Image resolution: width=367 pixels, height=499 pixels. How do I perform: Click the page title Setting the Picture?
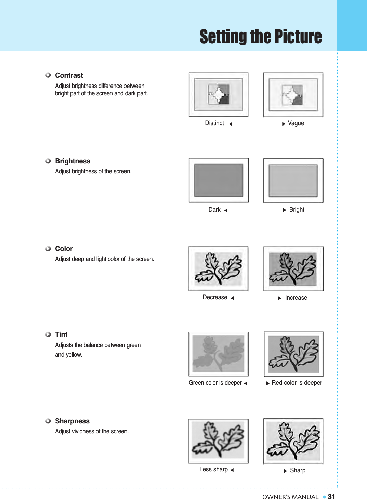pyautogui.click(x=261, y=37)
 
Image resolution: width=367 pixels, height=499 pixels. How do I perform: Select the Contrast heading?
pyautogui.click(x=69, y=75)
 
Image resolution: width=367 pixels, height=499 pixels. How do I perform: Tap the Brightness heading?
pyautogui.click(x=73, y=161)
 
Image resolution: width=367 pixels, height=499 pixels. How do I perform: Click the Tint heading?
pyautogui.click(x=61, y=334)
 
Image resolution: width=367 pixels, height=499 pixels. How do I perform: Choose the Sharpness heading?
pyautogui.click(x=72, y=421)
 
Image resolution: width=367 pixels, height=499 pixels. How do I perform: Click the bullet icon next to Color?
pyautogui.click(x=48, y=249)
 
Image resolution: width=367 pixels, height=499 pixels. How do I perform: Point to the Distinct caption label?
pyautogui.click(x=214, y=123)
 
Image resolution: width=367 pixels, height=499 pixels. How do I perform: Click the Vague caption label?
pyautogui.click(x=296, y=123)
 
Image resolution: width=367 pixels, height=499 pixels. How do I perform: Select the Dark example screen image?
pyautogui.click(x=219, y=180)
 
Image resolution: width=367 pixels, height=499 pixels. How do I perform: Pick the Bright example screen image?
pyautogui.click(x=293, y=181)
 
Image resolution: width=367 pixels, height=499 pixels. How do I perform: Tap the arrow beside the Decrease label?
pyautogui.click(x=232, y=298)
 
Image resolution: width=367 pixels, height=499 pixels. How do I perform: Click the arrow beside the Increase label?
pyautogui.click(x=279, y=298)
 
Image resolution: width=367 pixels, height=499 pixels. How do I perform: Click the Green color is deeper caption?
pyautogui.click(x=215, y=383)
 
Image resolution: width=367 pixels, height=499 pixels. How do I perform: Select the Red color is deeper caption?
pyautogui.click(x=297, y=383)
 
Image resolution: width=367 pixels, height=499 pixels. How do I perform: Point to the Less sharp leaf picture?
pyautogui.click(x=219, y=441)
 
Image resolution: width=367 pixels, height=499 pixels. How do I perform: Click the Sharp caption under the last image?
pyautogui.click(x=298, y=470)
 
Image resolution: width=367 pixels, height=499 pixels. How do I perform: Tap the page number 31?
pyautogui.click(x=331, y=497)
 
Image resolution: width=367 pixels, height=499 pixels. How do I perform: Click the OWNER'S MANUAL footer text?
pyautogui.click(x=290, y=497)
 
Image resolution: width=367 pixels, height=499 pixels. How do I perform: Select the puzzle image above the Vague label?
pyautogui.click(x=293, y=95)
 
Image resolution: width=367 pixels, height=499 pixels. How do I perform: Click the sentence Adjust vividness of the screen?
pyautogui.click(x=92, y=431)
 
